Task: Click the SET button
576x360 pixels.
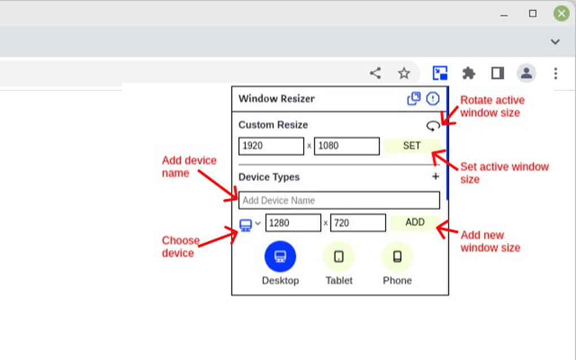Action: (x=412, y=146)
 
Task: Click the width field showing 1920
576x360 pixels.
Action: (x=271, y=146)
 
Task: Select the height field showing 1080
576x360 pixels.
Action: (x=347, y=146)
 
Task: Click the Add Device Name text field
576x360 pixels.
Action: (x=339, y=200)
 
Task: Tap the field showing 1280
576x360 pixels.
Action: (x=293, y=223)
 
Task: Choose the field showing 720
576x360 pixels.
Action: (x=358, y=223)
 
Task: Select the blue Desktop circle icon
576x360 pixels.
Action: (x=280, y=257)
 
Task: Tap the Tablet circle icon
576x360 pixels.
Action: (x=339, y=257)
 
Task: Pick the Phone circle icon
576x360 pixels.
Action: (x=397, y=257)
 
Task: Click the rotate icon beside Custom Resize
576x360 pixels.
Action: (x=433, y=125)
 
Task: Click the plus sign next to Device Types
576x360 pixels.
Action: (x=435, y=177)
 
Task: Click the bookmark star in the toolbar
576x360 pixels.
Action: (x=404, y=73)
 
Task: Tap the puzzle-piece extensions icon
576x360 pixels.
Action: (x=469, y=73)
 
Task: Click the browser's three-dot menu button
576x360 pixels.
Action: (x=556, y=73)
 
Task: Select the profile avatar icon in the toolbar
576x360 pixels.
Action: (x=526, y=73)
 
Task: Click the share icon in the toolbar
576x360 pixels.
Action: (x=375, y=73)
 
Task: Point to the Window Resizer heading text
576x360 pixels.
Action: (x=277, y=99)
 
